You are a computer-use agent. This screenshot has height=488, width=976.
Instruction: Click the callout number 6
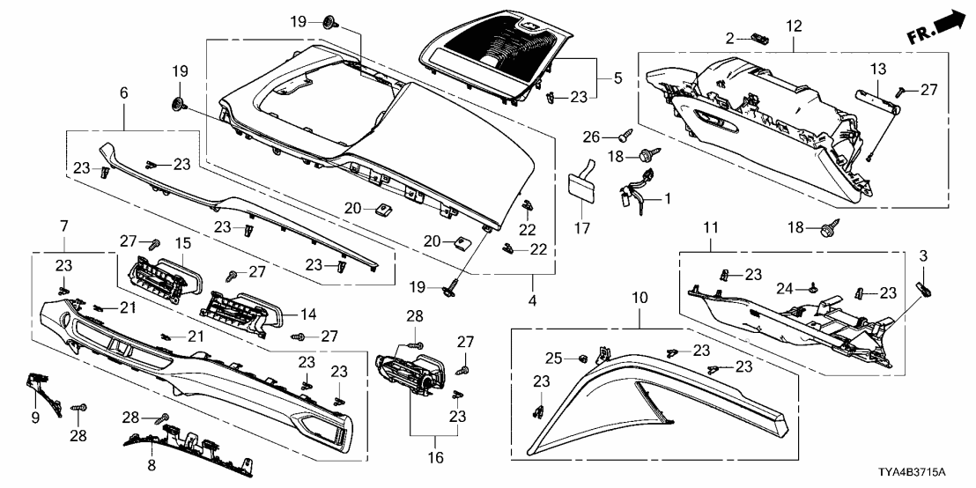click(123, 92)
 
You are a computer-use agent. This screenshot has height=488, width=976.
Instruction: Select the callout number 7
click(64, 228)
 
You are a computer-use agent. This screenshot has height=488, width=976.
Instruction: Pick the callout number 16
click(433, 459)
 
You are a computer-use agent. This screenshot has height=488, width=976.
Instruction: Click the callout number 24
click(783, 287)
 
